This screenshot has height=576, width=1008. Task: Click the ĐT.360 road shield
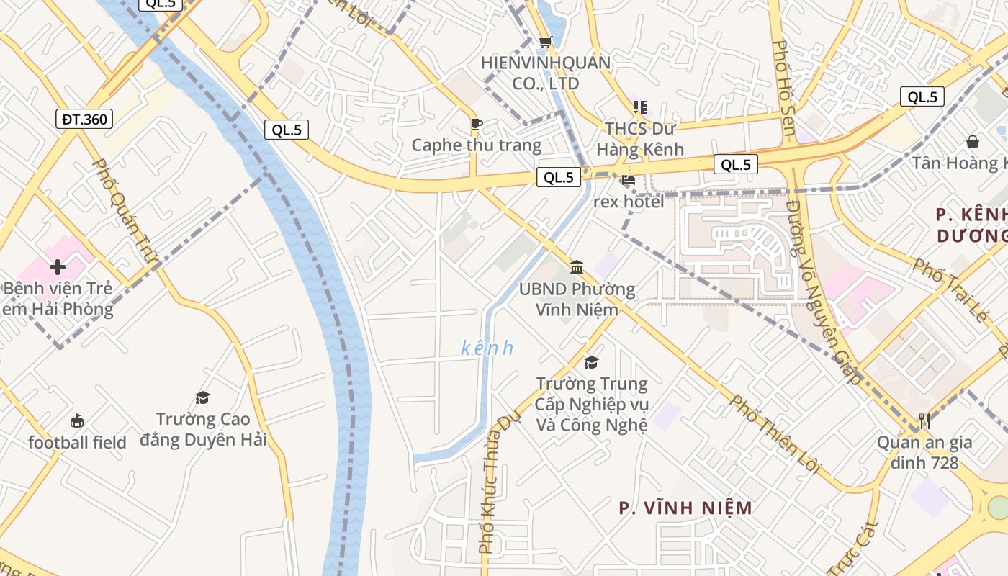(84, 119)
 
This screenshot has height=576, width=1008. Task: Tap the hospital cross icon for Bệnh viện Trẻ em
(58, 267)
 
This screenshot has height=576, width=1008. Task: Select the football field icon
(77, 421)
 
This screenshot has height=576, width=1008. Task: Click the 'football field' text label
(77, 442)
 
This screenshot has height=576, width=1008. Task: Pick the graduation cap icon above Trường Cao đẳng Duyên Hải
(203, 397)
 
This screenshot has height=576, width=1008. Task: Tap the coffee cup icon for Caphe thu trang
(475, 124)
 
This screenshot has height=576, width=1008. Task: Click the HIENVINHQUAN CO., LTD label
(546, 73)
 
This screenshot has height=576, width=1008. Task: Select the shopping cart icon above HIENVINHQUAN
(546, 42)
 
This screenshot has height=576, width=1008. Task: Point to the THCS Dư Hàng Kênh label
(639, 139)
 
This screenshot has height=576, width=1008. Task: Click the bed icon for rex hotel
(629, 179)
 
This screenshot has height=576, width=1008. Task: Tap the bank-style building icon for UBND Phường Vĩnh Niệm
(577, 268)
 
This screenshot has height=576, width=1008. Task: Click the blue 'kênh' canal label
(487, 348)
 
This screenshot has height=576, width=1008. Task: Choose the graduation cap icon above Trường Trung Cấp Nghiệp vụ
(591, 361)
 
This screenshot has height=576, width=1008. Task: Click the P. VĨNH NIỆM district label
(685, 508)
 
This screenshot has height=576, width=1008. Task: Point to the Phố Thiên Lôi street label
(775, 434)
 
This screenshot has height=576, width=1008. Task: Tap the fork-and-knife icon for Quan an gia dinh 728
(924, 420)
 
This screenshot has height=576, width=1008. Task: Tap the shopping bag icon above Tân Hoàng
(973, 142)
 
